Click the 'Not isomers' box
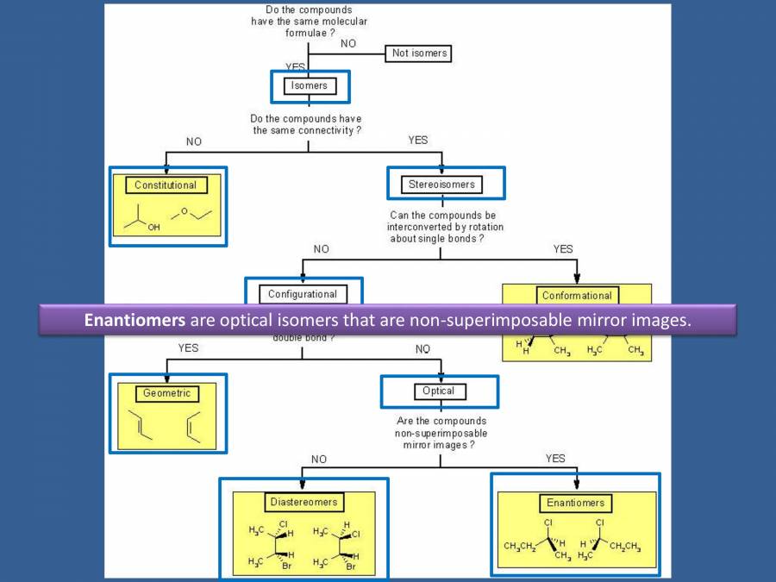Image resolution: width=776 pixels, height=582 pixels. click(x=420, y=53)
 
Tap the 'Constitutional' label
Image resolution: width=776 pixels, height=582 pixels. click(x=166, y=185)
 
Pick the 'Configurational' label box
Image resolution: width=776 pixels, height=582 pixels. click(x=303, y=294)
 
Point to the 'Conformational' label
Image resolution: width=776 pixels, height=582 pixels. click(x=577, y=295)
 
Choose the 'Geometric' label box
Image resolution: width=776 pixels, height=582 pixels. click(x=166, y=393)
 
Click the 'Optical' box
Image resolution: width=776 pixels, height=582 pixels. click(x=439, y=391)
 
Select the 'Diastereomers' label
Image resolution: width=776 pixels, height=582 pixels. click(x=304, y=502)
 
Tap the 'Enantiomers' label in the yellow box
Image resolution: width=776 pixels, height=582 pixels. click(x=575, y=503)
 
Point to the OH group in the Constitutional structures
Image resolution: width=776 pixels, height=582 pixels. click(x=153, y=228)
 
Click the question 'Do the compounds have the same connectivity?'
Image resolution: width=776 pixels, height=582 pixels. click(x=305, y=124)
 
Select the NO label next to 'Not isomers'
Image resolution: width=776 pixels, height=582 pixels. click(x=348, y=43)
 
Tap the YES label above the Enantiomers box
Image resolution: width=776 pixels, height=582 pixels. click(x=555, y=459)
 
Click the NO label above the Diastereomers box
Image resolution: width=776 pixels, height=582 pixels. click(x=319, y=460)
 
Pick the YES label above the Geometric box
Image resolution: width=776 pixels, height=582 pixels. click(x=188, y=348)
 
